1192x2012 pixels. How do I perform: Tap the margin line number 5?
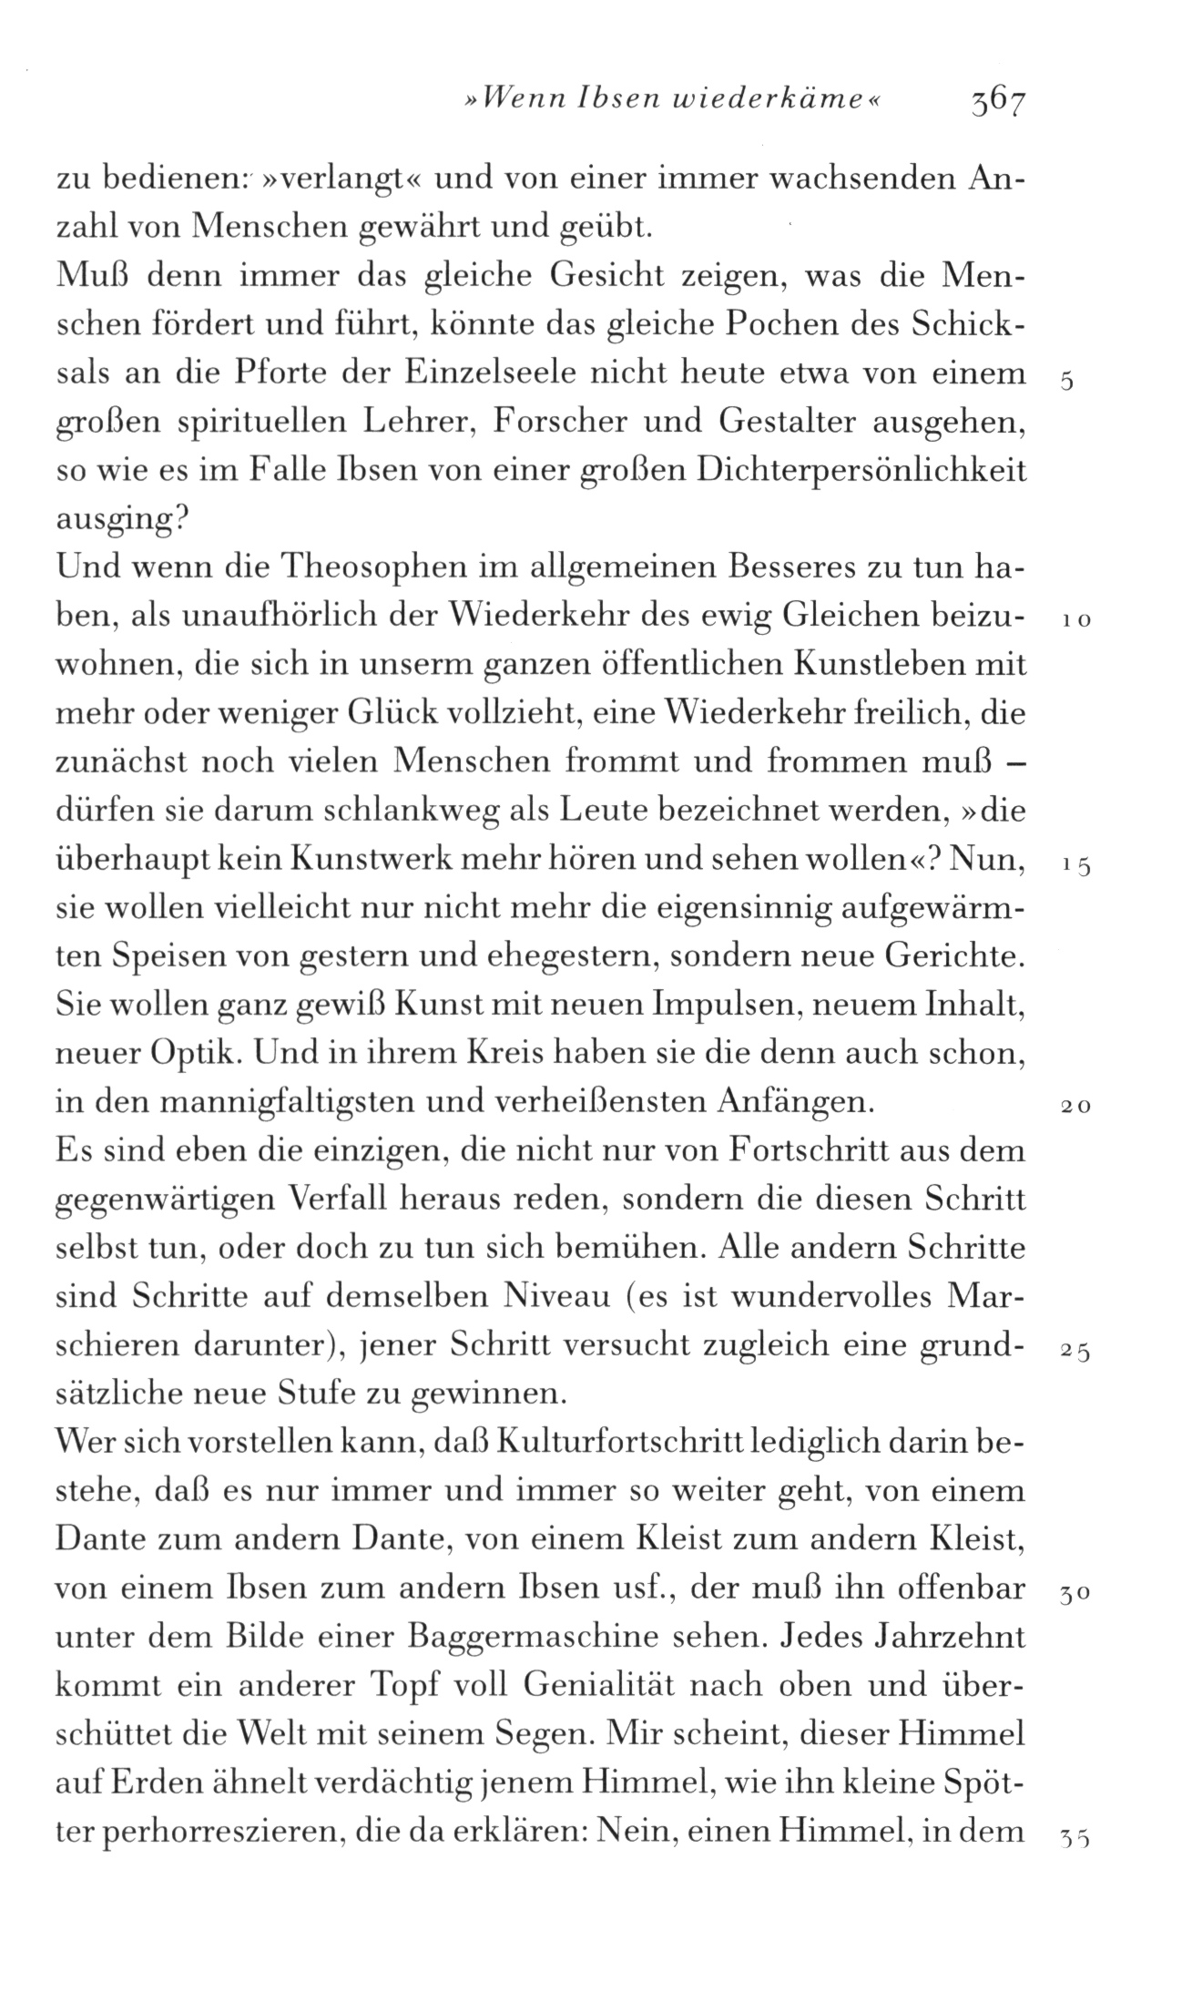pos(1067,382)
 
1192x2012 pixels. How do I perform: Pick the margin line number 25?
pos(1075,1353)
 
